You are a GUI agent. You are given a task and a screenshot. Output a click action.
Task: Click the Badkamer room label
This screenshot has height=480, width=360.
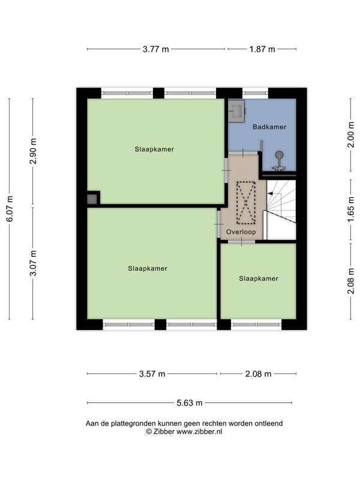[269, 127]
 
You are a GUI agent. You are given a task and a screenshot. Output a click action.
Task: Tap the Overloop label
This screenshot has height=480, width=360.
[241, 232]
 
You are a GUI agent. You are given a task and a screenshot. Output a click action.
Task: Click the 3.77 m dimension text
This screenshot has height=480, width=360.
[156, 49]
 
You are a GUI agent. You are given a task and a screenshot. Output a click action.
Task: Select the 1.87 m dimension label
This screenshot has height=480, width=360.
[262, 49]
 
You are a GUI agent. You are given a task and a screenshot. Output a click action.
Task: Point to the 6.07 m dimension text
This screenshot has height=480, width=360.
[10, 209]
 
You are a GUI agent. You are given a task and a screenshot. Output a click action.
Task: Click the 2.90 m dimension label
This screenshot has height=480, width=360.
[34, 151]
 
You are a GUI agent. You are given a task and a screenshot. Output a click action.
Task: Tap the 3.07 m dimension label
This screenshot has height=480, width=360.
[34, 263]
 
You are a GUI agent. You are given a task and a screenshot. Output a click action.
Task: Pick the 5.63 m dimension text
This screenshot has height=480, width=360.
[190, 403]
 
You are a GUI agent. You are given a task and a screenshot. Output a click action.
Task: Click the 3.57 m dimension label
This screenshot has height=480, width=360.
[152, 374]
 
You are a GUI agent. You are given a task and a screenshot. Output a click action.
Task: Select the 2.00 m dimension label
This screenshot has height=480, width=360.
[351, 134]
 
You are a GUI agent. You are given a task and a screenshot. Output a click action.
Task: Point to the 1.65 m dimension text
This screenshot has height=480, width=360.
[351, 209]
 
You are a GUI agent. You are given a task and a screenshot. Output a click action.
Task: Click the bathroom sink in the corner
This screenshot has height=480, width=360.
[236, 111]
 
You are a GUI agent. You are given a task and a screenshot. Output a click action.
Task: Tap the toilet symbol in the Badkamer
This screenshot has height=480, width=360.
[279, 161]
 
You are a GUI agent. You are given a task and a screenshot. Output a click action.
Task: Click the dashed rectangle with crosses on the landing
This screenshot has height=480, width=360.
[246, 203]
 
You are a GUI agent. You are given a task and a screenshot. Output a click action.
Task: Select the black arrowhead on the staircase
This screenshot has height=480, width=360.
[270, 193]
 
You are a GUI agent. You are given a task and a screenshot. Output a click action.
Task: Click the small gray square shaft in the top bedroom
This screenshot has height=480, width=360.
[92, 199]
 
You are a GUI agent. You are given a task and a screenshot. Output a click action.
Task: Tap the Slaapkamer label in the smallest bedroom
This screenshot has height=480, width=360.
[259, 278]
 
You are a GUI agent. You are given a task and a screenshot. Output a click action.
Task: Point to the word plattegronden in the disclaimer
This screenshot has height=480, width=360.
[133, 424]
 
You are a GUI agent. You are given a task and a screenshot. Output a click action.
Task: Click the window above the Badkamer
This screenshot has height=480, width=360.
[256, 93]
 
